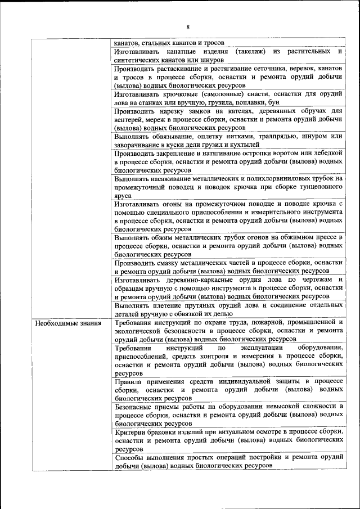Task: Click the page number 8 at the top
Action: click(x=188, y=26)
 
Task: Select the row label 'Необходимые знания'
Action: click(x=67, y=323)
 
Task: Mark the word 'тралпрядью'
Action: click(x=278, y=136)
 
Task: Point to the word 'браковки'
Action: click(x=169, y=431)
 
